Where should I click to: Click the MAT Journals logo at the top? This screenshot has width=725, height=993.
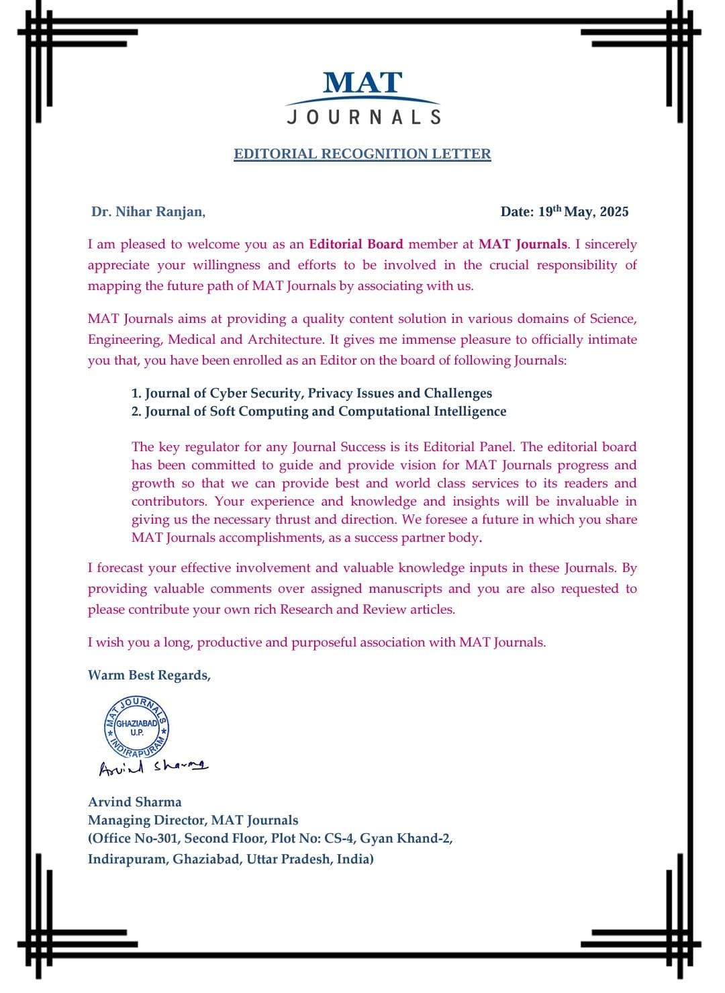(362, 97)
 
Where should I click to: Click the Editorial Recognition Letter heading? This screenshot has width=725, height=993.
(362, 154)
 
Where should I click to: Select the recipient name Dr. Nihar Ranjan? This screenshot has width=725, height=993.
(148, 212)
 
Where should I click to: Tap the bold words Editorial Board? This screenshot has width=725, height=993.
(356, 244)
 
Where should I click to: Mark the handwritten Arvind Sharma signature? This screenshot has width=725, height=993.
(154, 767)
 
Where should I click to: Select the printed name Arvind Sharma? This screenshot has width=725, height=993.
(135, 802)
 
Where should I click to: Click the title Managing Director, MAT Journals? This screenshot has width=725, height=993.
(193, 820)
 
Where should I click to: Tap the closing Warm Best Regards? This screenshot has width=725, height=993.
(149, 675)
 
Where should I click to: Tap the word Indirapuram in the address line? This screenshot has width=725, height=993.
(127, 859)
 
